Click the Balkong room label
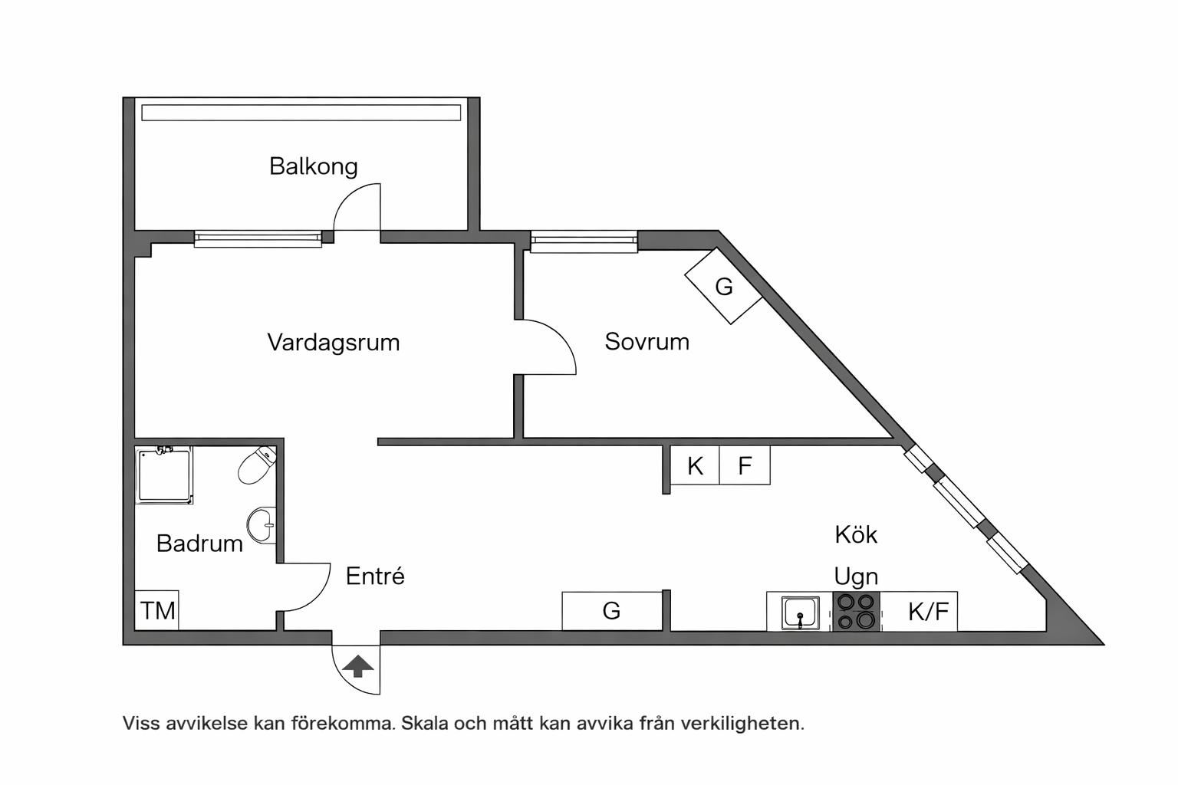pos(313,166)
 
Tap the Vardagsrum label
pos(334,342)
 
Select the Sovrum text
pos(647,341)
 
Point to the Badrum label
pos(199,544)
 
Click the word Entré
pos(375,576)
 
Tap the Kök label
pos(856,534)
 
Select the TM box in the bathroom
pos(157,610)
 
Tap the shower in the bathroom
pos(164,475)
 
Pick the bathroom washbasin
pos(262,525)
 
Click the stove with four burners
pos(856,611)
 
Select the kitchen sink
pos(801,613)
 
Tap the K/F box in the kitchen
pos(928,611)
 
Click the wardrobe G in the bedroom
pos(723,286)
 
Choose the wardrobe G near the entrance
pos(611,611)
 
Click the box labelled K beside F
pos(695,465)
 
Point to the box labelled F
pos(745,465)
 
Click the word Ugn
pos(856,576)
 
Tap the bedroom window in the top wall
pos(584,241)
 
